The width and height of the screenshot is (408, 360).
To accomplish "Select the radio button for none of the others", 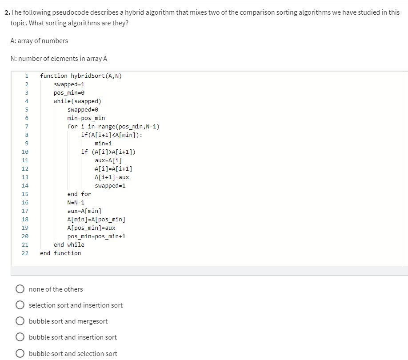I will click(20, 289).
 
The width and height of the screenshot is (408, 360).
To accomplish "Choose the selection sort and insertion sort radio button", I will click(20, 305).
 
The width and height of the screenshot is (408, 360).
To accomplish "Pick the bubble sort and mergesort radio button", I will click(20, 321).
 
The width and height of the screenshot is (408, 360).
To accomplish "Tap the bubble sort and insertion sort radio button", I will click(20, 337).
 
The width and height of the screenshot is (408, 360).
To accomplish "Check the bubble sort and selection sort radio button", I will click(20, 354).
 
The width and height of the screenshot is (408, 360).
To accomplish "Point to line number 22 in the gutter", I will click(25, 253).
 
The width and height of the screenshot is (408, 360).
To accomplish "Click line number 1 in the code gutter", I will click(27, 76).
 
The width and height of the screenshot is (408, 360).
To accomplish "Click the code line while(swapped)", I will click(77, 101).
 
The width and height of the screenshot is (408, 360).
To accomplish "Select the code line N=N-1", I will click(76, 202).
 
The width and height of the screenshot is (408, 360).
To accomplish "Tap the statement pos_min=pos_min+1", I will click(96, 236).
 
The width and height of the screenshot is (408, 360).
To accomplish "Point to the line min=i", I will click(103, 143).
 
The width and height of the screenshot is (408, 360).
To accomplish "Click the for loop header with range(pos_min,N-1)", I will click(113, 126).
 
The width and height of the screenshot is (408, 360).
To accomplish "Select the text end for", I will click(79, 194).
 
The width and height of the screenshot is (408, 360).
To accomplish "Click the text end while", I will click(69, 244).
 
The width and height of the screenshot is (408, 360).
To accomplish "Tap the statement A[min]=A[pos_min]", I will click(96, 219).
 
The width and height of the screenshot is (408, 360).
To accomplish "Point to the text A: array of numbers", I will click(39, 41).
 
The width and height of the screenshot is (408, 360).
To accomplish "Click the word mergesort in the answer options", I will click(92, 321).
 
